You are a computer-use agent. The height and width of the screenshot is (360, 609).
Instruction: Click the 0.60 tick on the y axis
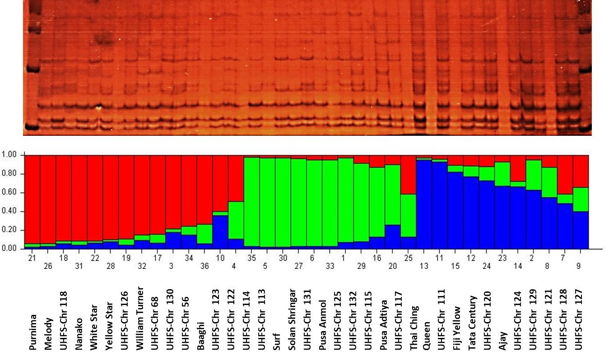click(x=9, y=193)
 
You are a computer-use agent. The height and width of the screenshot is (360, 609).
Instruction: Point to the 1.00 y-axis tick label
click(x=9, y=155)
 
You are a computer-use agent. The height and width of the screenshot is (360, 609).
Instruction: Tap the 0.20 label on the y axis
click(x=9, y=230)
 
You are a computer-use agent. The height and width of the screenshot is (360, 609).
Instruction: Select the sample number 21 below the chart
click(x=32, y=258)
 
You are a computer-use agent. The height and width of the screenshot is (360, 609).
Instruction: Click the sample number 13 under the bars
click(x=424, y=266)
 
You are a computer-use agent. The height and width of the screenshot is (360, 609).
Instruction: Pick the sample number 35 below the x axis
click(x=251, y=258)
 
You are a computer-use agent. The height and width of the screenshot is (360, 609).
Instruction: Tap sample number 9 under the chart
click(x=581, y=266)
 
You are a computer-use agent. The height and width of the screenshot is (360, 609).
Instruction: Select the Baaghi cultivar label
click(x=200, y=330)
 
